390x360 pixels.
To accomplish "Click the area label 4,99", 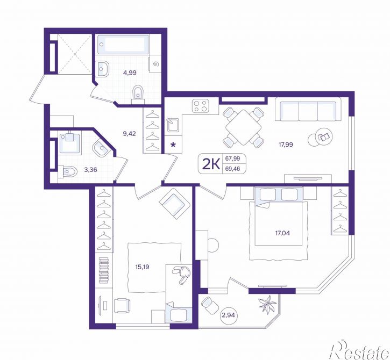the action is pyautogui.click(x=130, y=73).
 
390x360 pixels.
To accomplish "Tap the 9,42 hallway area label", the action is pyautogui.click(x=129, y=134).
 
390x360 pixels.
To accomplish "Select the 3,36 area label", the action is pyautogui.click(x=90, y=170).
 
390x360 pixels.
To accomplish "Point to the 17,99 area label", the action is pyautogui.click(x=286, y=145).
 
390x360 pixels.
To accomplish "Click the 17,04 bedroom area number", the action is pyautogui.click(x=282, y=233).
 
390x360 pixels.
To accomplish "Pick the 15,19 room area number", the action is pyautogui.click(x=142, y=267).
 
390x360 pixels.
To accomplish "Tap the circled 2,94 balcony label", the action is pyautogui.click(x=229, y=315).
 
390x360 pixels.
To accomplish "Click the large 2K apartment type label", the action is pyautogui.click(x=211, y=164).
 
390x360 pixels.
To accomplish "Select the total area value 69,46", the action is pyautogui.click(x=232, y=169).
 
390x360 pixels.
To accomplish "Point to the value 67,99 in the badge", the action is pyautogui.click(x=232, y=159).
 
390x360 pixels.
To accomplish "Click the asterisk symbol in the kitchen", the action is pyautogui.click(x=173, y=145).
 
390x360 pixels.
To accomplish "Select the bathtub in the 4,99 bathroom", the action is pyautogui.click(x=123, y=45).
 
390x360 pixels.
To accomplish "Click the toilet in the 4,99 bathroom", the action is pyautogui.click(x=138, y=95).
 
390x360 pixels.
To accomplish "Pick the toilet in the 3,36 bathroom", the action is pyautogui.click(x=67, y=171).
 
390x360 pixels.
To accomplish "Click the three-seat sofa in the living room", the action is pyautogui.click(x=308, y=109).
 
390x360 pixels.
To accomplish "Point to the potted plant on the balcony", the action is pyautogui.click(x=267, y=304).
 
